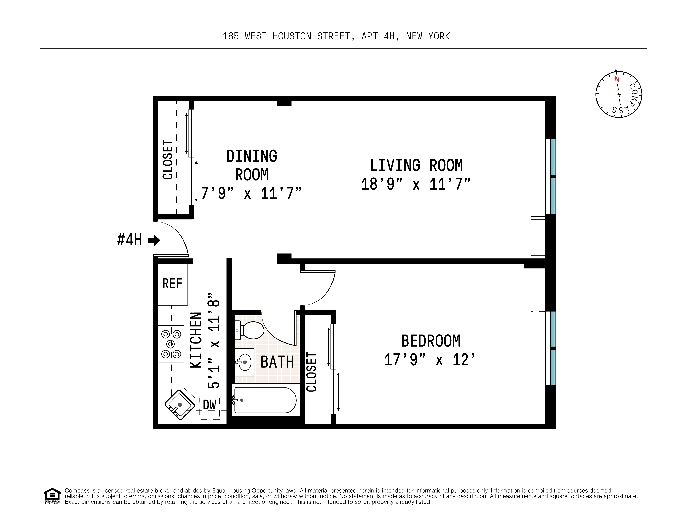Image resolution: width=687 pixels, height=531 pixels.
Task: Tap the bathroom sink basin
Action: [x=244, y=362]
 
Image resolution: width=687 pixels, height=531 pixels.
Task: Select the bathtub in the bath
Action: [x=265, y=400]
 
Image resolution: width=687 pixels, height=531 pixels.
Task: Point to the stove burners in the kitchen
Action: [x=171, y=344]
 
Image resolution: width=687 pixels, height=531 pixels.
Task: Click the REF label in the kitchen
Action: [x=172, y=284]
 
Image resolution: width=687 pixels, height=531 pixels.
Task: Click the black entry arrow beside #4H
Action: [x=154, y=241]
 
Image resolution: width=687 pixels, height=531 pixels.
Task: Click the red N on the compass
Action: [x=617, y=79]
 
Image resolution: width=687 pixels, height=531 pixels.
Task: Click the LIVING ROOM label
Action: [x=416, y=165]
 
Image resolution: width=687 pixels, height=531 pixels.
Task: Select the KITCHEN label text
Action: [x=196, y=340]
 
